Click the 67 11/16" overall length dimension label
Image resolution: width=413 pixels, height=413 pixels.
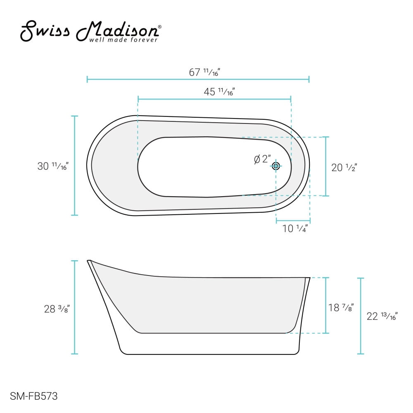pyautogui.click(x=204, y=72)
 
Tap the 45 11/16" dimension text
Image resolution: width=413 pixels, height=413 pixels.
pyautogui.click(x=219, y=92)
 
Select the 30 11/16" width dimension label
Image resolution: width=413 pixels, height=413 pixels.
pyautogui.click(x=53, y=166)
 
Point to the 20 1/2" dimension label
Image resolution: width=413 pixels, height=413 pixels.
pyautogui.click(x=344, y=168)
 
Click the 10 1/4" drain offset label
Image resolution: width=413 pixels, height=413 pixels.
pyautogui.click(x=295, y=228)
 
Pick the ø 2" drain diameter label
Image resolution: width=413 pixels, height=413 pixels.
pyautogui.click(x=262, y=159)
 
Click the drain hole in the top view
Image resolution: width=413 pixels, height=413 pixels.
pyautogui.click(x=276, y=166)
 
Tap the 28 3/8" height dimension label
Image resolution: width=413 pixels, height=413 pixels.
pyautogui.click(x=57, y=309)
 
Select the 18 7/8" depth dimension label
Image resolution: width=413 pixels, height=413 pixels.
pyautogui.click(x=341, y=307)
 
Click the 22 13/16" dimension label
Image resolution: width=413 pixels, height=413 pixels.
pyautogui.click(x=382, y=316)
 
